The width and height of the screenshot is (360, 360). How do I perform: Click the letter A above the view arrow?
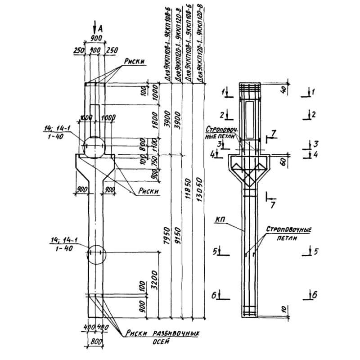click(100, 28)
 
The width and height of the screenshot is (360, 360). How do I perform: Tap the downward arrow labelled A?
click(94, 27)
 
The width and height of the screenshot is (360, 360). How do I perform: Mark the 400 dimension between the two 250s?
click(95, 51)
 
